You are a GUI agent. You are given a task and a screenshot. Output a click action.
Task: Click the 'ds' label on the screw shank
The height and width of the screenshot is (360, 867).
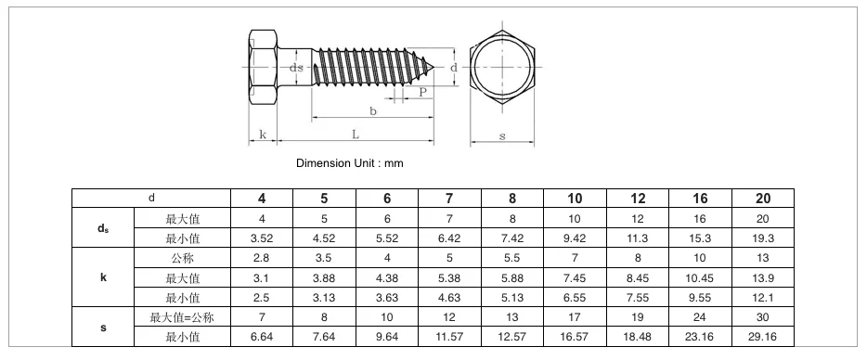297,68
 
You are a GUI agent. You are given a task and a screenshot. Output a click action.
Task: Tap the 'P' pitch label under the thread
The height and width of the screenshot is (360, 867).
423,93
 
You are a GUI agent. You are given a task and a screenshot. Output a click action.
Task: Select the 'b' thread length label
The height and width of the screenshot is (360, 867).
373,111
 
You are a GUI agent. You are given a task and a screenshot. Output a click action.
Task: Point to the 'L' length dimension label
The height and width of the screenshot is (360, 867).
356,134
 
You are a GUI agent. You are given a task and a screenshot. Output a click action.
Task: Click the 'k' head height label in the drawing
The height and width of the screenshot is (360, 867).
263,135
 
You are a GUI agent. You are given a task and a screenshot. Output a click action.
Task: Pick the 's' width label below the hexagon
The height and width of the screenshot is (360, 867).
502,136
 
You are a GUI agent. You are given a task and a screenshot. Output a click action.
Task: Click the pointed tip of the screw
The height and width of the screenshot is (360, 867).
434,68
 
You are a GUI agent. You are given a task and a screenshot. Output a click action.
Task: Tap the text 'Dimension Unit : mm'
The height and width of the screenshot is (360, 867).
350,163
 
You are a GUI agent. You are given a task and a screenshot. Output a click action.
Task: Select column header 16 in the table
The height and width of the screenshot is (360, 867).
700,199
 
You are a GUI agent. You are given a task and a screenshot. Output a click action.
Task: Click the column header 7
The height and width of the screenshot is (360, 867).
449,199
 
